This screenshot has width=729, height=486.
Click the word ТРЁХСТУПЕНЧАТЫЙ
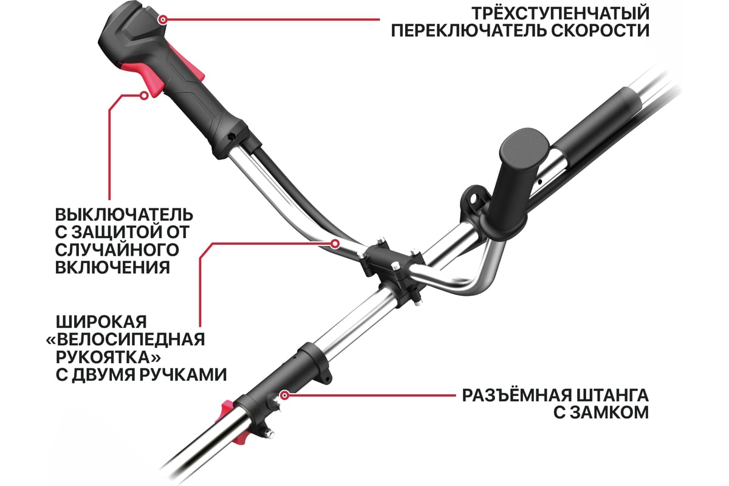click(x=560, y=13)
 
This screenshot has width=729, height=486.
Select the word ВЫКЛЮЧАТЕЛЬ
click(x=124, y=215)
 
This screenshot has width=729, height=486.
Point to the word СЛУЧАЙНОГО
click(x=117, y=250)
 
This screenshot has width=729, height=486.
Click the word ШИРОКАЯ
click(x=101, y=322)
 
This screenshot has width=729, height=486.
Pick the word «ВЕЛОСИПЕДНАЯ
click(x=126, y=340)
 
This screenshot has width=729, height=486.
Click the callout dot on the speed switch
click(x=163, y=19)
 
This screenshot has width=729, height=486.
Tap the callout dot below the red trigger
click(x=144, y=95)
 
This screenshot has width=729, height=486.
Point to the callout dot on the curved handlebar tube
click(x=335, y=243)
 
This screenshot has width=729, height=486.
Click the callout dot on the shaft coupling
click(x=285, y=395)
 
